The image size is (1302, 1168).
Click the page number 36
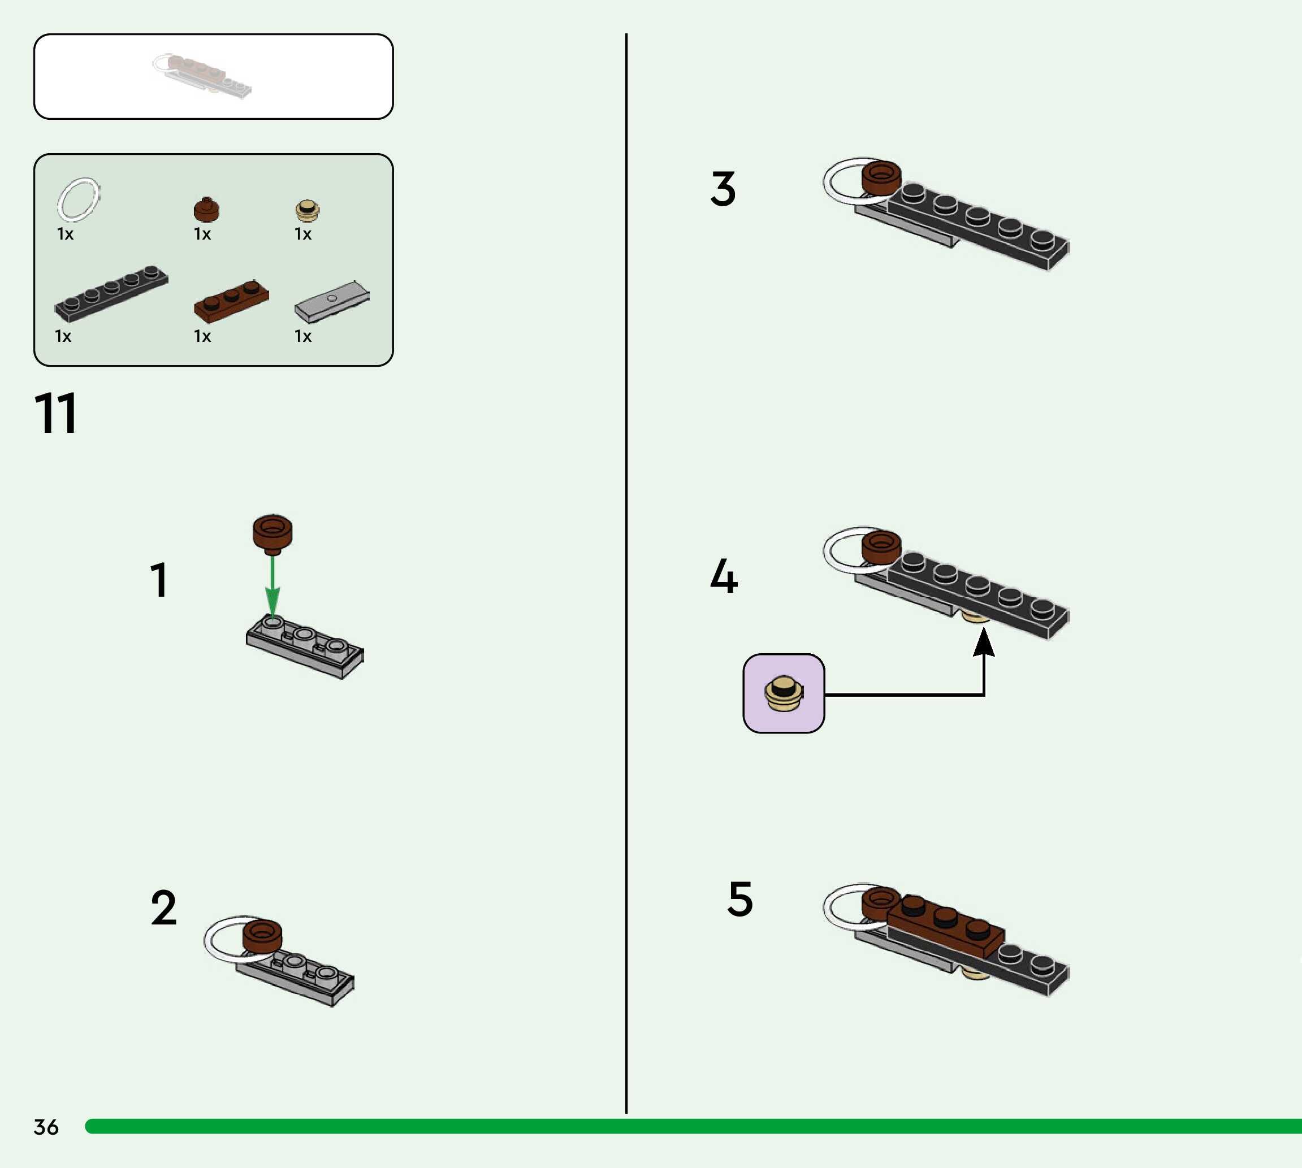point(46,1126)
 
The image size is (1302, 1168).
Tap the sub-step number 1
point(158,580)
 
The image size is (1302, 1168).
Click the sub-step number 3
point(723,189)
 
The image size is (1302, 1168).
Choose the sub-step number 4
point(724,576)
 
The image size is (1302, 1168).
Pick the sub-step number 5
point(739,898)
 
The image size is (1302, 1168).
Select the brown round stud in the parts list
point(206,209)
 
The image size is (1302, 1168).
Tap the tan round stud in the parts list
point(307,210)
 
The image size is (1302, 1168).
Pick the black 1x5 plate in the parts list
point(111,293)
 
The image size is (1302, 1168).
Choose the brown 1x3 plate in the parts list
point(231,301)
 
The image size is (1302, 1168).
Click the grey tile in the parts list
point(332,301)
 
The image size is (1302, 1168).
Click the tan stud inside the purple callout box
point(783,693)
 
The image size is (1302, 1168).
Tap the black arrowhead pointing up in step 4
point(984,642)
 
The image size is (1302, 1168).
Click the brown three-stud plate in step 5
point(945,924)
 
